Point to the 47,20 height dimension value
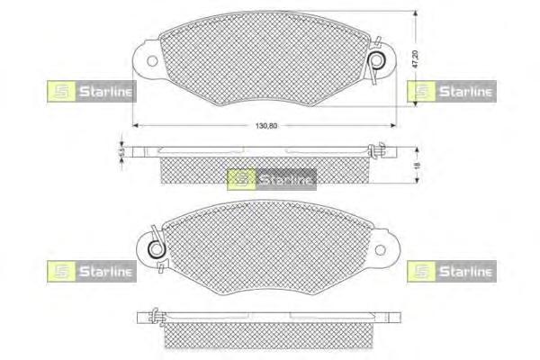point(415,60)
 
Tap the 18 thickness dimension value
point(415,166)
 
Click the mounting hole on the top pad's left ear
point(150,62)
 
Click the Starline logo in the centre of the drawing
point(271,179)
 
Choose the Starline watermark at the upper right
point(450,90)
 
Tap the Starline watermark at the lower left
point(89,271)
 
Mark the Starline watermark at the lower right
point(450,271)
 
